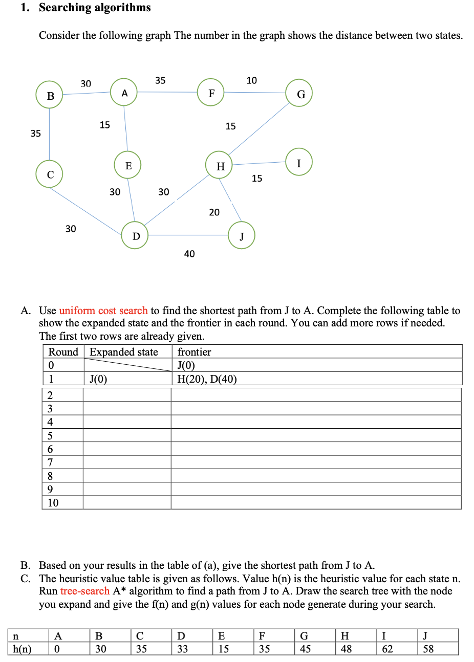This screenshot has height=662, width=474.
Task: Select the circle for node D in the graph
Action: click(135, 235)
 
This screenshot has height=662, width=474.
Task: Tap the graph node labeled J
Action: click(242, 235)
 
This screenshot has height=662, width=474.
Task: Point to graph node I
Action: click(299, 162)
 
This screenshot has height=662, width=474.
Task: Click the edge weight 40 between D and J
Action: click(189, 254)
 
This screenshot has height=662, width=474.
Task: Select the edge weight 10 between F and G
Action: click(252, 80)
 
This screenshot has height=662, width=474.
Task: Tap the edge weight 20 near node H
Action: click(214, 212)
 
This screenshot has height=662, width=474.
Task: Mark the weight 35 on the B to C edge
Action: click(35, 134)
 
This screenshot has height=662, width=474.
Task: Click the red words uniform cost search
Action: click(103, 311)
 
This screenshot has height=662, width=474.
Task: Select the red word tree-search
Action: click(85, 591)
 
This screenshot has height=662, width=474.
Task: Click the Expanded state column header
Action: click(124, 352)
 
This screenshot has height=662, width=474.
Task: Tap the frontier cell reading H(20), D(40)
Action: click(207, 379)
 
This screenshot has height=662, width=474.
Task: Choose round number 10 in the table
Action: click(53, 503)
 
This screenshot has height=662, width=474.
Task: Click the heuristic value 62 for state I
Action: click(387, 649)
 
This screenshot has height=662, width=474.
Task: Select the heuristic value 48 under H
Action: click(346, 649)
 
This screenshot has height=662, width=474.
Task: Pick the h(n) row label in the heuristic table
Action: click(21, 649)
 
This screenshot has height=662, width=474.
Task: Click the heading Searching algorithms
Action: click(95, 8)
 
